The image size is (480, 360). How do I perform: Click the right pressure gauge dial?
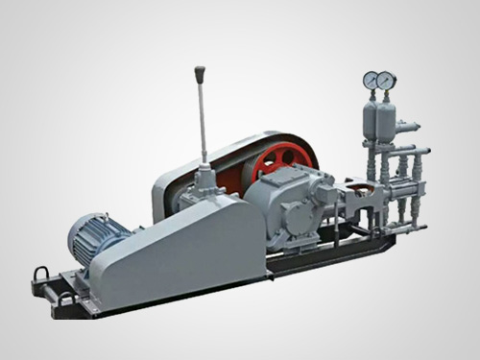[386, 81]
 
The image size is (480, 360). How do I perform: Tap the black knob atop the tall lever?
[200, 73]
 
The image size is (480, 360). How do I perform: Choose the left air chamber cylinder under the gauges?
[371, 120]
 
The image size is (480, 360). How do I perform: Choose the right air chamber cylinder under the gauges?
[388, 119]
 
